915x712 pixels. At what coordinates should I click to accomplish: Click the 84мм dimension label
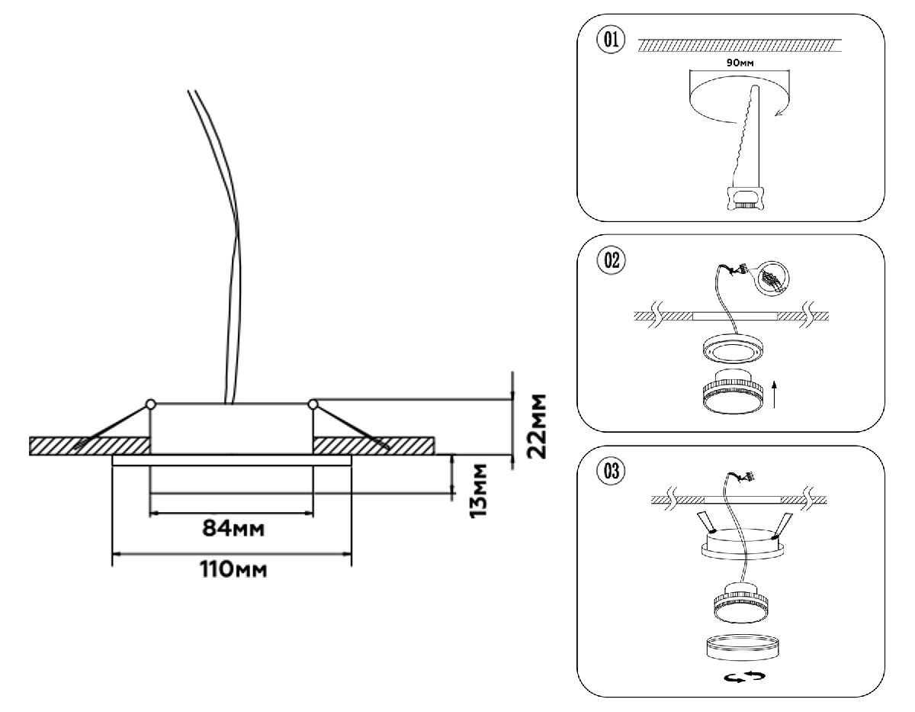[233, 528]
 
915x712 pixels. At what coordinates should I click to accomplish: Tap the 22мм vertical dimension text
[538, 425]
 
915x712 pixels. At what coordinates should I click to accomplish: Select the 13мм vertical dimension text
[478, 489]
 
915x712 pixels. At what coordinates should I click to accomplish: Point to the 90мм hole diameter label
[740, 63]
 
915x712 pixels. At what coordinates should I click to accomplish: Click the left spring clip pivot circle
[151, 403]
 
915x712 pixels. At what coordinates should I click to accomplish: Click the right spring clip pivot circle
[313, 403]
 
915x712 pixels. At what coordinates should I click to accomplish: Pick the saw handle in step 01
[743, 198]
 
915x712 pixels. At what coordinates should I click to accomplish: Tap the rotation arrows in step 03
[741, 676]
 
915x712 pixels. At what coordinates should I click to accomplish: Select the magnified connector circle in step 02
[772, 279]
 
